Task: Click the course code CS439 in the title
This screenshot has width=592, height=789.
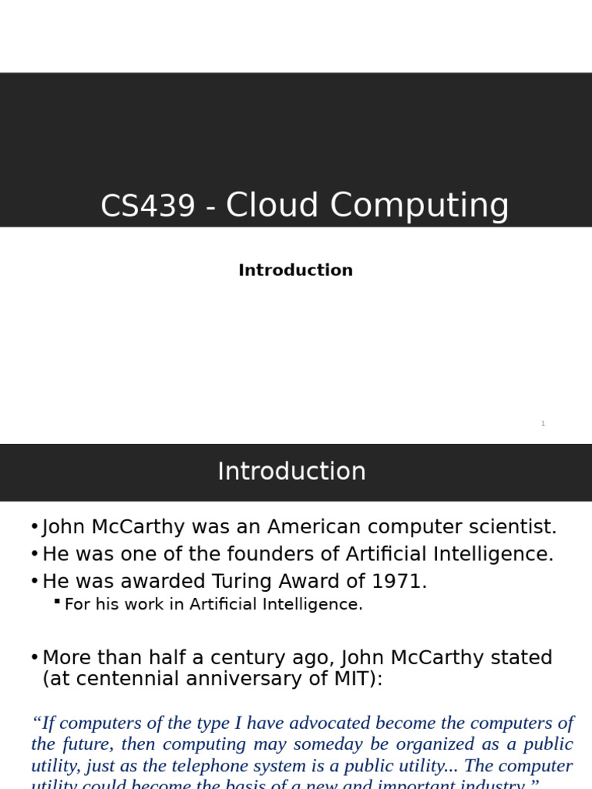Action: tap(147, 206)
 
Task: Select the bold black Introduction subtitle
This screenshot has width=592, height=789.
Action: tap(295, 270)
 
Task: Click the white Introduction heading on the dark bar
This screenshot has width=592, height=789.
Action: tap(291, 472)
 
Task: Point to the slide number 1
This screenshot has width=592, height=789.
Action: tap(543, 424)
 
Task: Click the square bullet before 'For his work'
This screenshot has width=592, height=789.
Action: tap(57, 601)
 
